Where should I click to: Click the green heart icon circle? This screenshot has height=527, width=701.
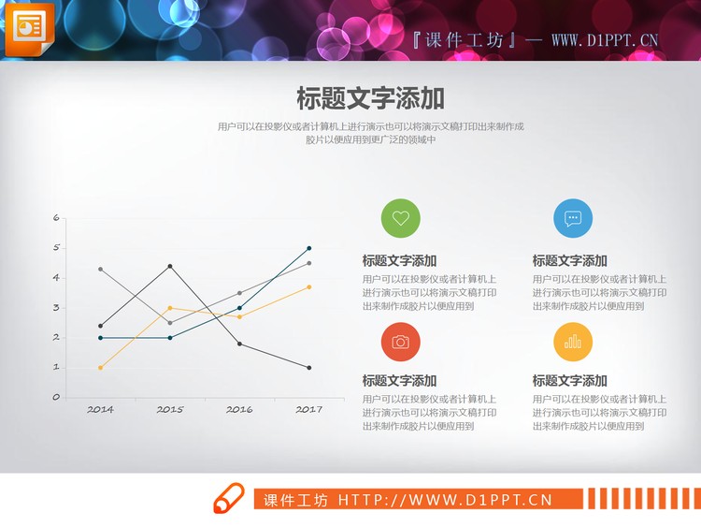[400, 219]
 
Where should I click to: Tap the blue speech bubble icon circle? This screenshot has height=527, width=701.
[573, 219]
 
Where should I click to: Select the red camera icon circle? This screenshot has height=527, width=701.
[400, 342]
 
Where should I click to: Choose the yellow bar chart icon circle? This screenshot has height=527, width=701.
[573, 342]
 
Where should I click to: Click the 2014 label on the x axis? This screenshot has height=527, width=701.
[100, 410]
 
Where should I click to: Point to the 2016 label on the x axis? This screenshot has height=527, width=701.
[239, 410]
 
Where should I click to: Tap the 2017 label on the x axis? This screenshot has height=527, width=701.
[308, 410]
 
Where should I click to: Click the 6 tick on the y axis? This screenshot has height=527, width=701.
[56, 218]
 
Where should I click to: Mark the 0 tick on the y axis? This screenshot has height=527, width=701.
[56, 397]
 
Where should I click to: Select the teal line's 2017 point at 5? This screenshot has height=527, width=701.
[309, 248]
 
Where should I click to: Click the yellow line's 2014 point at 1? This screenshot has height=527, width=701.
[100, 368]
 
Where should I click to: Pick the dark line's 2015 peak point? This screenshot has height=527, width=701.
[170, 266]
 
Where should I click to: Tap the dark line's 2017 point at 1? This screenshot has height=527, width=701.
[309, 368]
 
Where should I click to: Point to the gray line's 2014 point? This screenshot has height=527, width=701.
[100, 269]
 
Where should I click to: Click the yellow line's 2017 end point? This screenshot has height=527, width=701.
[309, 286]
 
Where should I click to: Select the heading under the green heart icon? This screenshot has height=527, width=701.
[399, 261]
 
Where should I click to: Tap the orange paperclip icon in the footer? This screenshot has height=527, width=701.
[228, 500]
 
